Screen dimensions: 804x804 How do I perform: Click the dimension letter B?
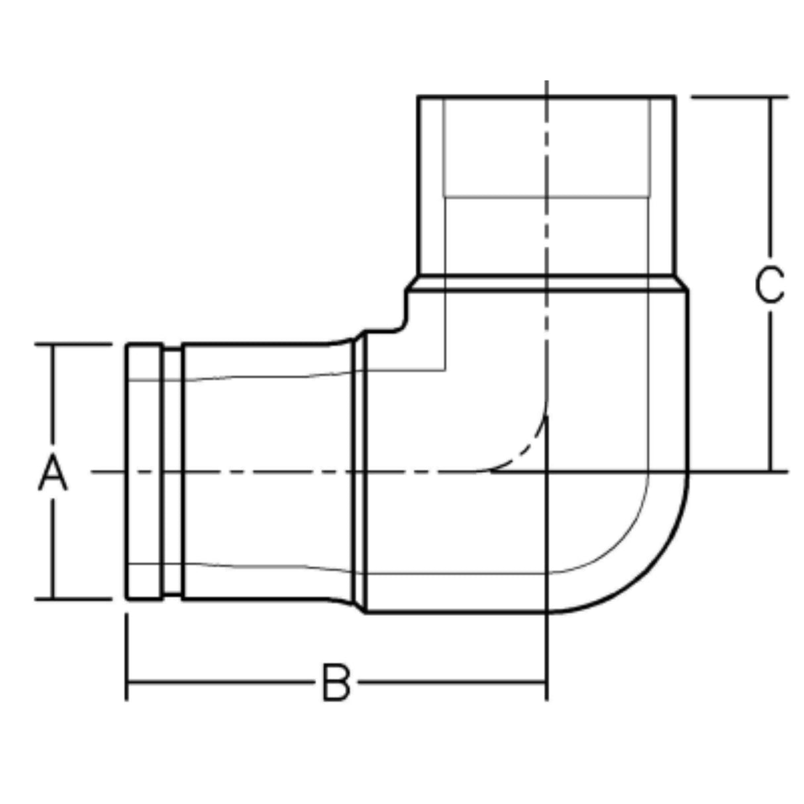tap(336, 682)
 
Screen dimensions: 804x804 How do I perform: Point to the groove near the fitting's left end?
tap(172, 472)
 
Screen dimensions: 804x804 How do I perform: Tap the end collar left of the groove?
tap(144, 472)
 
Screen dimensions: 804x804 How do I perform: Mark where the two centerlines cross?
tap(546, 472)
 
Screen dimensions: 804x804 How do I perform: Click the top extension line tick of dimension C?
tap(738, 97)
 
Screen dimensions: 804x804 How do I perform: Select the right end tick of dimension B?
tap(546, 682)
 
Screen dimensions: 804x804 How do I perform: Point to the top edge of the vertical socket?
tap(546, 97)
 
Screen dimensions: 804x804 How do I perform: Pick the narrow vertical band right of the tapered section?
tap(360, 472)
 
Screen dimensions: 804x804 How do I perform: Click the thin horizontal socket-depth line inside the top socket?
tap(546, 197)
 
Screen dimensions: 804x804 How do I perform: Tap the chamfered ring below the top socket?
tap(546, 283)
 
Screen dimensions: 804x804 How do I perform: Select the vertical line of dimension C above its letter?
tap(770, 179)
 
